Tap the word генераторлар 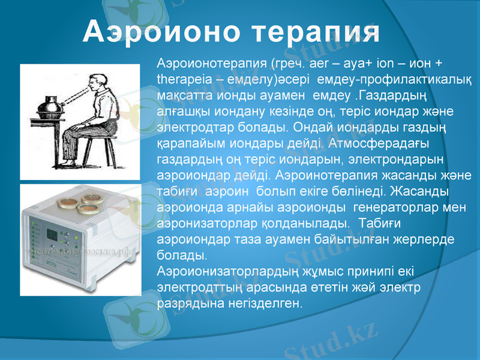tap(395, 208)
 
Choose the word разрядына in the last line tap(190, 303)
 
